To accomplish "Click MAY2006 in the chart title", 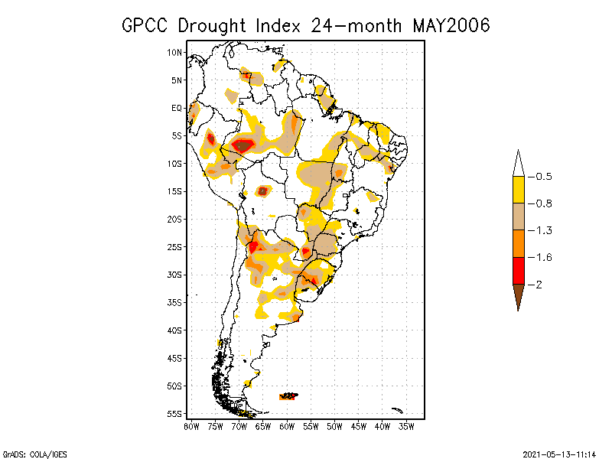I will point(451,25).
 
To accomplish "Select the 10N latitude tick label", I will point(175,52).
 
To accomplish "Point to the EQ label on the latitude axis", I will point(177,108).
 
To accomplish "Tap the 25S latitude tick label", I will point(175,247).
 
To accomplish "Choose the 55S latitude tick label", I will point(175,414).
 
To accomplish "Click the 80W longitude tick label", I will point(191,426).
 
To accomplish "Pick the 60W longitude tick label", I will point(288,426).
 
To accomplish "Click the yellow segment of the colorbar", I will point(518,190).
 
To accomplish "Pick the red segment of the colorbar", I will point(518,270).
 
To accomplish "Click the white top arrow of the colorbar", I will point(518,164).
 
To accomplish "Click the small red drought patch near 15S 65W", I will point(262,190).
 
